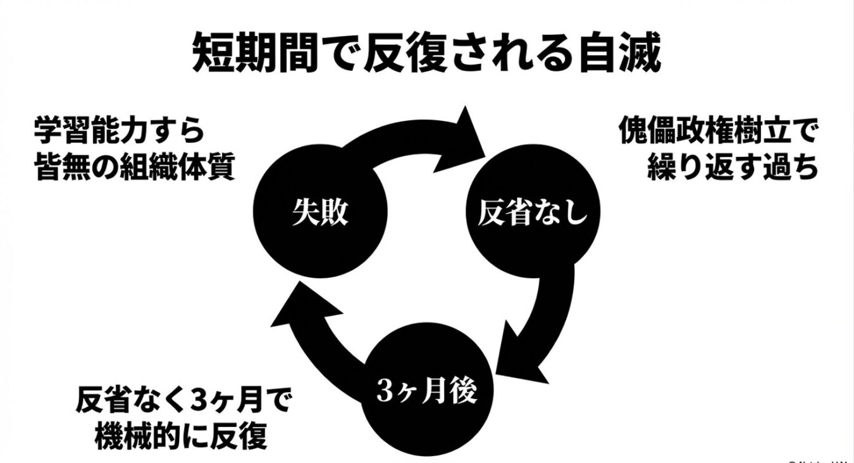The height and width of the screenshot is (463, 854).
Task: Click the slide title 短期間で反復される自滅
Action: coord(426,53)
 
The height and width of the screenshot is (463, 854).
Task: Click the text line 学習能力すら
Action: coord(120,132)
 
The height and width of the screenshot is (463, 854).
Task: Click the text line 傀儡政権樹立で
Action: coord(717,132)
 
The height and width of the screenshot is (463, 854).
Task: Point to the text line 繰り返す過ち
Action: coord(733,168)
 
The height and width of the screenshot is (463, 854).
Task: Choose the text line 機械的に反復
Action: coord(180,436)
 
